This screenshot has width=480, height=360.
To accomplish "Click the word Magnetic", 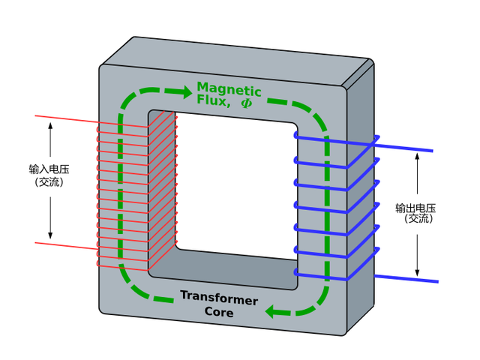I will coord(229,89).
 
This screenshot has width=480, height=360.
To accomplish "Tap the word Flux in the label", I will coord(213,100).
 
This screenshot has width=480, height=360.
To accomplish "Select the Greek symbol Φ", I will coord(246,102).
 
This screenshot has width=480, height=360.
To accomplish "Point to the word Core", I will coord(219,311).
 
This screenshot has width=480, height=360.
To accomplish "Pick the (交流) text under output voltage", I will coord(418,219).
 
